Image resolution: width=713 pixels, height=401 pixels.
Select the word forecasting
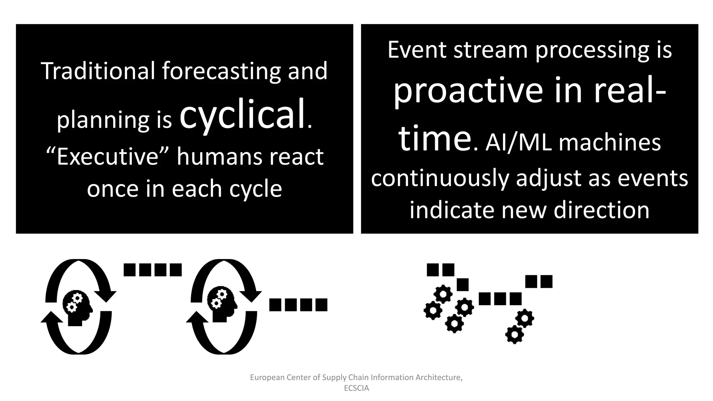point(221,71)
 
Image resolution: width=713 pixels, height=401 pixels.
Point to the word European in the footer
point(267,377)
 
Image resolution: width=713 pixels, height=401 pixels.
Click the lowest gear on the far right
point(514,335)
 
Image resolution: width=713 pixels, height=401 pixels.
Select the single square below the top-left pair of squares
point(463,284)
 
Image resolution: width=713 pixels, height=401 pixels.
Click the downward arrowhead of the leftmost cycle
point(105,296)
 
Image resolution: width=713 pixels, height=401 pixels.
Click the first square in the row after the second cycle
point(275,305)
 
